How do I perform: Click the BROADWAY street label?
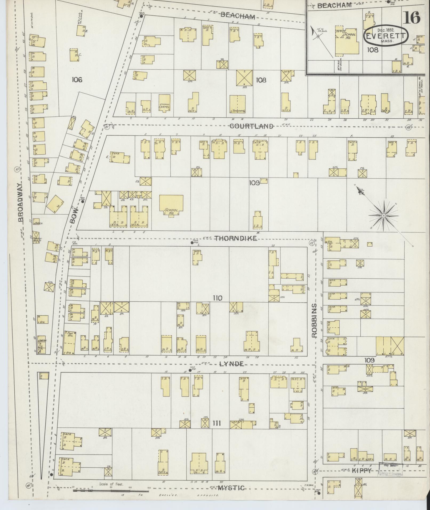coord(22,202)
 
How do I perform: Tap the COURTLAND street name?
coord(251,126)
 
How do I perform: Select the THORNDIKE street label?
coord(236,238)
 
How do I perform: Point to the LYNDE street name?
coord(231,364)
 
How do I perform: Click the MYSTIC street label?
coord(231,488)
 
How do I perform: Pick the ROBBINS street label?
coord(315,320)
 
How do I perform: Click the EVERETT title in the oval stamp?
coord(386,36)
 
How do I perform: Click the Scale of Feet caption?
coord(111,484)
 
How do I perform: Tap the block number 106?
coord(77,79)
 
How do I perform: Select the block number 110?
coord(218,298)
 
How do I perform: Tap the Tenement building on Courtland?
coord(238,105)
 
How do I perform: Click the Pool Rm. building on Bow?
coord(69,342)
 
